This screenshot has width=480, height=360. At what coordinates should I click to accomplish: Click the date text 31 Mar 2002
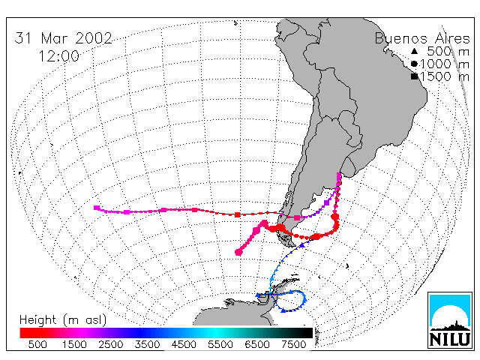pyautogui.click(x=63, y=38)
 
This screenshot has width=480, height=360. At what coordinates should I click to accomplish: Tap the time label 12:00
pyautogui.click(x=58, y=56)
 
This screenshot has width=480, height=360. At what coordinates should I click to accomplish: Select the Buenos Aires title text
pyautogui.click(x=422, y=39)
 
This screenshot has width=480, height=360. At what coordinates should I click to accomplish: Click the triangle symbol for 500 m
pyautogui.click(x=414, y=51)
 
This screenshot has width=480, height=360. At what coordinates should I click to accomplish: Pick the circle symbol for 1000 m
pyautogui.click(x=414, y=64)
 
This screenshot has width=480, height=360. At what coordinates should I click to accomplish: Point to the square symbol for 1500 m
pyautogui.click(x=415, y=76)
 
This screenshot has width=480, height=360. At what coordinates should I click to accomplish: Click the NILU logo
pyautogui.click(x=450, y=320)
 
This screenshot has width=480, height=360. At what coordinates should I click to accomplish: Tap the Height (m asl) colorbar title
pyautogui.click(x=63, y=320)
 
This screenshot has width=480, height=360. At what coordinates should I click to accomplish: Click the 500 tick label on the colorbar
pyautogui.click(x=37, y=344)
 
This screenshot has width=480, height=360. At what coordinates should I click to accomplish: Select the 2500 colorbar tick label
pyautogui.click(x=110, y=344)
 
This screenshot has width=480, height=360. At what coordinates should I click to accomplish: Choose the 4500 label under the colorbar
pyautogui.click(x=184, y=344)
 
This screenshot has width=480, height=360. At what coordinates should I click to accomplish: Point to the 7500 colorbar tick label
pyautogui.click(x=293, y=344)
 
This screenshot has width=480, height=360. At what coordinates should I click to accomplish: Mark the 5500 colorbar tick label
pyautogui.click(x=220, y=344)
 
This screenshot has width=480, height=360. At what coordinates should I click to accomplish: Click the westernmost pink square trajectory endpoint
pyautogui.click(x=97, y=208)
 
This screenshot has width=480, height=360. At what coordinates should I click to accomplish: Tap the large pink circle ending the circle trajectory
pyautogui.click(x=238, y=252)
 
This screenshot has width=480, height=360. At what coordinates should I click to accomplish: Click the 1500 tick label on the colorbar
pyautogui.click(x=74, y=344)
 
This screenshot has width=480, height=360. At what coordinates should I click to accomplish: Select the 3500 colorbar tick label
pyautogui.click(x=147, y=344)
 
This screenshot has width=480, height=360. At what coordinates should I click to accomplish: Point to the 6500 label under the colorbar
pyautogui.click(x=257, y=344)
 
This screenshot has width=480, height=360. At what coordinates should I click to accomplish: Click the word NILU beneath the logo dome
pyautogui.click(x=450, y=339)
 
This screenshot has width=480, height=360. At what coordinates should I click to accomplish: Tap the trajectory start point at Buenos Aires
pyautogui.click(x=339, y=175)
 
